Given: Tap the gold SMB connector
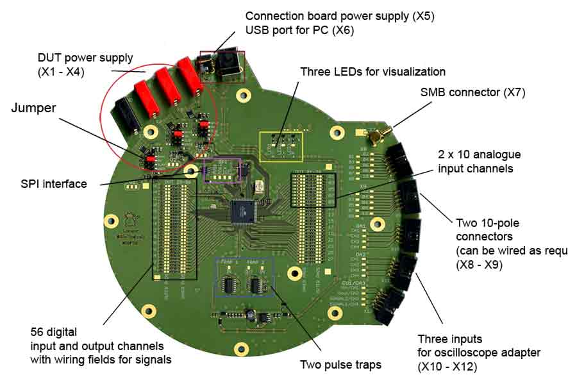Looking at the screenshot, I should tap(373, 135).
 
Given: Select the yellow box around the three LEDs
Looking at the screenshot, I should tap(281, 146).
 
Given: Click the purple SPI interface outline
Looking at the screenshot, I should tap(222, 171).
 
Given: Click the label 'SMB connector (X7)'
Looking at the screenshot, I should tap(472, 92).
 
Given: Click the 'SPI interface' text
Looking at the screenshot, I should tap(53, 184).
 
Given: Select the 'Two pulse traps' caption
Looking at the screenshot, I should tap(340, 365).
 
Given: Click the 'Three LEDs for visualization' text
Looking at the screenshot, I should tap(372, 71).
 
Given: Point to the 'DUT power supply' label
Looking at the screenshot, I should tap(85, 58).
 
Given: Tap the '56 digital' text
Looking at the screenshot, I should tap(53, 332).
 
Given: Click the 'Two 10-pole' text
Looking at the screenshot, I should tap(487, 223).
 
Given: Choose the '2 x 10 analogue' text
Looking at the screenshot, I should tap(479, 154).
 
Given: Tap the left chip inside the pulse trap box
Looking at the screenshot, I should tap(227, 285).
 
